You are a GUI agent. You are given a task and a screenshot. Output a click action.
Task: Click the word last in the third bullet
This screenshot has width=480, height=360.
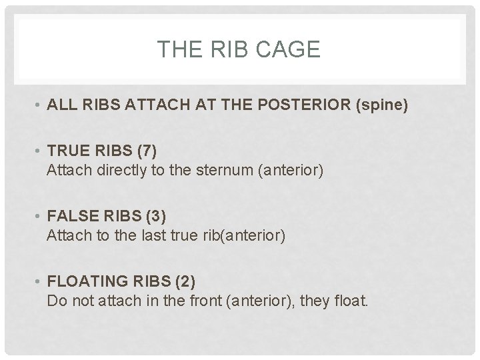point(154,236)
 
